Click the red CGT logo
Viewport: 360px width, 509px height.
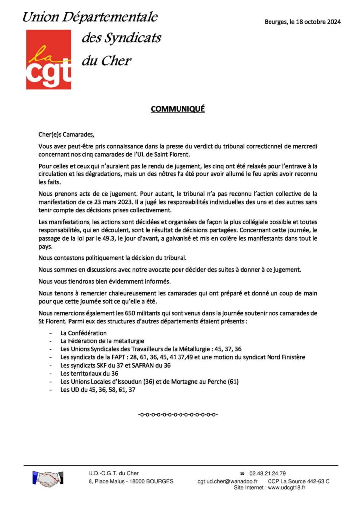[x=48, y=60]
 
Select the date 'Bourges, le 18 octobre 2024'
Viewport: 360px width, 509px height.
[x=302, y=22]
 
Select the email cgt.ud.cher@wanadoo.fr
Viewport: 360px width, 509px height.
[x=227, y=481]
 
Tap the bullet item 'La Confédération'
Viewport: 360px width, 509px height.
[x=84, y=333]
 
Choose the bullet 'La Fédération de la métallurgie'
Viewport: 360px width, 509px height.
[x=102, y=341]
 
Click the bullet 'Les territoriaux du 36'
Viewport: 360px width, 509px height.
[x=89, y=374]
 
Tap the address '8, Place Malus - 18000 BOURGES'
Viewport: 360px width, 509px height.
[x=131, y=481]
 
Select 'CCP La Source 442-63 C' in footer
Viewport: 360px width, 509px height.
[x=298, y=481]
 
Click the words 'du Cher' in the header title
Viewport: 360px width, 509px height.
[x=106, y=61]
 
